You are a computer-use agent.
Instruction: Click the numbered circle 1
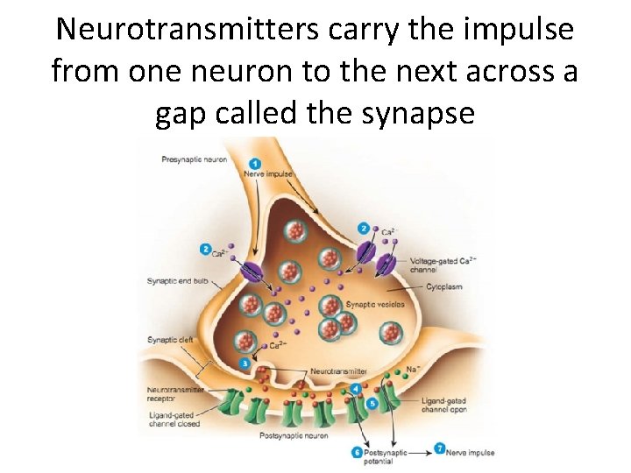pyautogui.click(x=254, y=164)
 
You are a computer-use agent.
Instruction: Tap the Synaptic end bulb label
pyautogui.click(x=179, y=280)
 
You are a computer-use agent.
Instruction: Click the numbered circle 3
pyautogui.click(x=245, y=363)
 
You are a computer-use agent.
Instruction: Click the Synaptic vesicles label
pyautogui.click(x=374, y=304)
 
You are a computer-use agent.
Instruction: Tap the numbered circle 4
pyautogui.click(x=356, y=388)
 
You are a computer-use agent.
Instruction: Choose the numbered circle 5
pyautogui.click(x=372, y=403)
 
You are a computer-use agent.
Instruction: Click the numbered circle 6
pyautogui.click(x=357, y=452)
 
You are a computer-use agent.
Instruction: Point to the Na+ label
pyautogui.click(x=411, y=370)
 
